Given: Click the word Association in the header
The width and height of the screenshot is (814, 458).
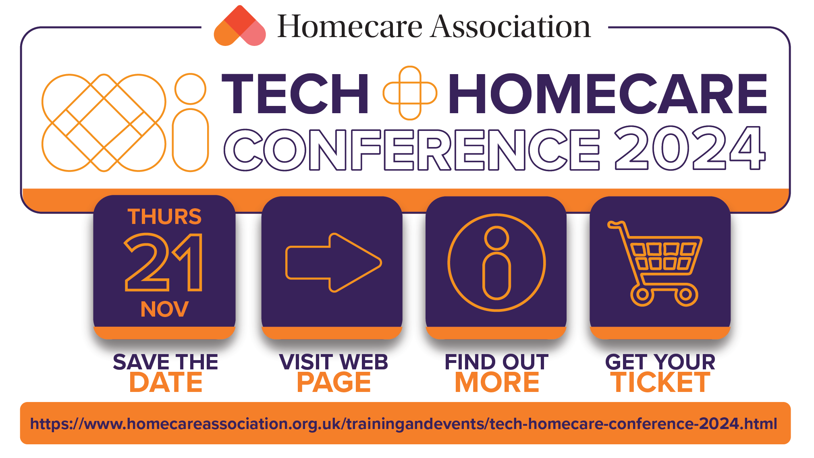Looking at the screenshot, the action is click(511, 27).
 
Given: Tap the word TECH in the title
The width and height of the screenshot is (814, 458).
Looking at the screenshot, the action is click(295, 94).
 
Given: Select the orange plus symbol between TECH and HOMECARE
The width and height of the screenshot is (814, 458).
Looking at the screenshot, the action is click(410, 93).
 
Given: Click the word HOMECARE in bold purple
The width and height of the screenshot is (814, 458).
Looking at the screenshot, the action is click(608, 94).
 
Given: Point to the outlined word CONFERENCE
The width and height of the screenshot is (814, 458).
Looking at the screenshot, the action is click(412, 149).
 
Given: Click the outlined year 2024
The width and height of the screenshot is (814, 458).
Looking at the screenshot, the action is click(690, 148).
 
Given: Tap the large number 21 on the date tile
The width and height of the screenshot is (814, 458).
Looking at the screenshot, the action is click(164, 262).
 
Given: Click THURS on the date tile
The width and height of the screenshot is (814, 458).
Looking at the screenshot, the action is click(164, 217).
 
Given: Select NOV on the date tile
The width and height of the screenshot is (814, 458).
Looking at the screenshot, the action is click(164, 309).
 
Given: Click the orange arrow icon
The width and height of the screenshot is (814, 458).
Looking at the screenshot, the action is click(333, 263).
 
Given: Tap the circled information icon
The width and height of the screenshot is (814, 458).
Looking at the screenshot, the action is click(496, 263).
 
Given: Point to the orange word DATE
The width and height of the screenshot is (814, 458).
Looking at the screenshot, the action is click(166, 382).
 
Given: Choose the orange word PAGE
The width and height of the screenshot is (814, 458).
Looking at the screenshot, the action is click(334, 382).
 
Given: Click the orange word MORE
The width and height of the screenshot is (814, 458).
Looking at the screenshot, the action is click(497, 382).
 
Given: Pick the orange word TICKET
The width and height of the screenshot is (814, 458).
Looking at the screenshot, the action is click(660, 382).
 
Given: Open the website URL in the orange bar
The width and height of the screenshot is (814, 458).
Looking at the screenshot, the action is click(404, 424).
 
